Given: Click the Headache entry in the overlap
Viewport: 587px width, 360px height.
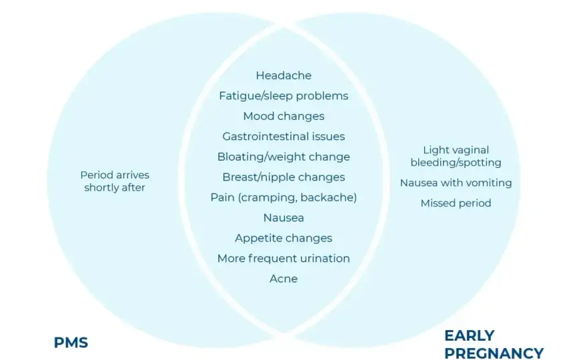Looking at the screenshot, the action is [x=283, y=75].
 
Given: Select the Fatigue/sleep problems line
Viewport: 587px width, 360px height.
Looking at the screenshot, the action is [x=283, y=96].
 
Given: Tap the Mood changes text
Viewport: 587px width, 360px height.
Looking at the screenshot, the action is [x=283, y=117].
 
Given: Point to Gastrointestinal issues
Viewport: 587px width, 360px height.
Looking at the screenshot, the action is [x=283, y=137].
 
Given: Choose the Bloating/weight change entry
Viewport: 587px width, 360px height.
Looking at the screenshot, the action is [x=283, y=157].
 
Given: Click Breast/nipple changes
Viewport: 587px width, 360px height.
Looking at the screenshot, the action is [x=283, y=177].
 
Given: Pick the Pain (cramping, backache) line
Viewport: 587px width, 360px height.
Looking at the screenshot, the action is [x=283, y=197].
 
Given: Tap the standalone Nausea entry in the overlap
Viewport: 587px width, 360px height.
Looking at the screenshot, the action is [x=283, y=218].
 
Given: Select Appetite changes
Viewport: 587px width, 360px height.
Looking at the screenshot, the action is [x=283, y=239].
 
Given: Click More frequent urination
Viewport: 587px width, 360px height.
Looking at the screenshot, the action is [x=283, y=259].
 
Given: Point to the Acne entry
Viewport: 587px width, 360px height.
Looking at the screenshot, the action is [x=283, y=279].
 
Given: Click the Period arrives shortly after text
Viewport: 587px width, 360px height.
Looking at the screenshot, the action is [x=115, y=181].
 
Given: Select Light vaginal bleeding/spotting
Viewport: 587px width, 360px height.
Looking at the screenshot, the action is [x=456, y=157].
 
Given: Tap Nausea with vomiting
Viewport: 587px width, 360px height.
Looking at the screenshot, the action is [x=456, y=183].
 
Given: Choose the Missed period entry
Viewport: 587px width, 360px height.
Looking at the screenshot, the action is [x=456, y=203].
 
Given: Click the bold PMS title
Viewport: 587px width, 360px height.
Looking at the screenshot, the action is [x=71, y=343].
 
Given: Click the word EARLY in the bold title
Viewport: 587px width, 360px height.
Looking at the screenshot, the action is [x=470, y=336].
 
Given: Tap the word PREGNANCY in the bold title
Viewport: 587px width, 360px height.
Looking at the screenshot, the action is [x=494, y=353].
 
